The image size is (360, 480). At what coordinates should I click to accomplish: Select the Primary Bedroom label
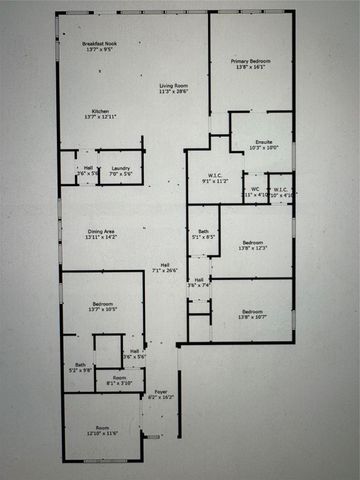tap(251, 62)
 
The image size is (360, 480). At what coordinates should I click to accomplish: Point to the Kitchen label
tap(100, 110)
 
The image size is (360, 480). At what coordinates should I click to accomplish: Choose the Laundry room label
tap(121, 168)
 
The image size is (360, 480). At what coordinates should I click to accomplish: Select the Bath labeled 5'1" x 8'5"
tap(203, 232)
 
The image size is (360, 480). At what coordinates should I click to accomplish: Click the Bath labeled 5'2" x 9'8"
tap(79, 365)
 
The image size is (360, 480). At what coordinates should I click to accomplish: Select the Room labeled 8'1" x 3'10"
tap(119, 377)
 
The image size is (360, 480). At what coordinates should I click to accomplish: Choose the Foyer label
tap(160, 392)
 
